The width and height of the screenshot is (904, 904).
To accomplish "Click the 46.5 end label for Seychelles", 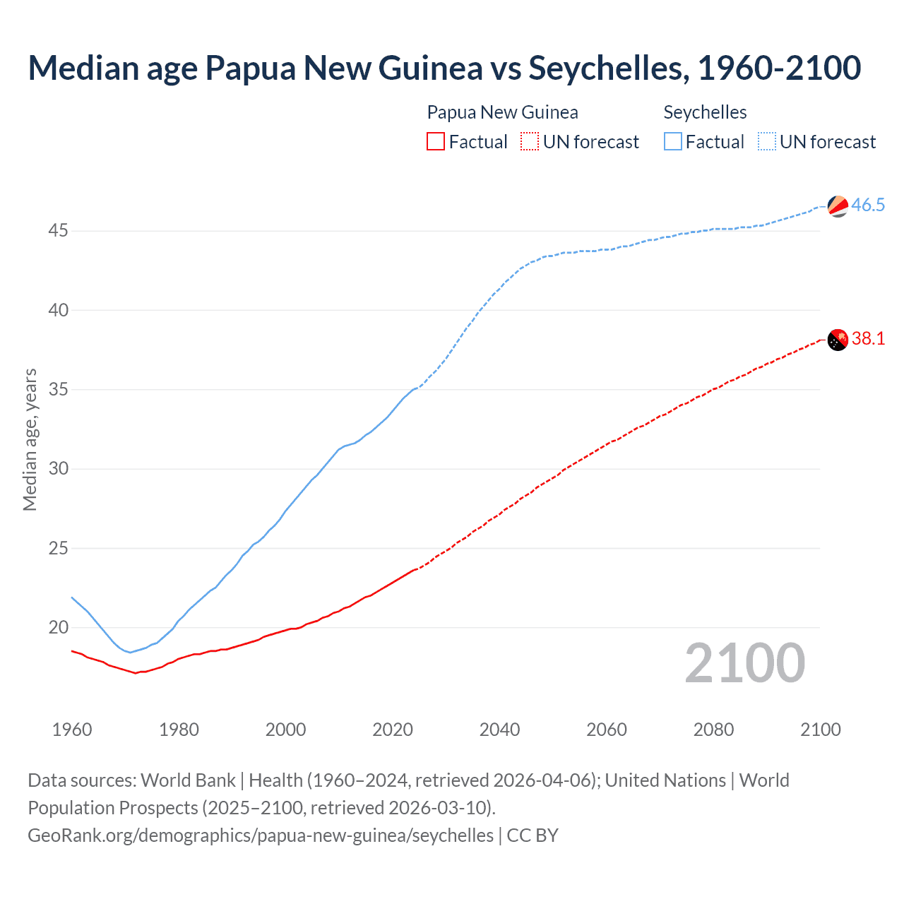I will [868, 206].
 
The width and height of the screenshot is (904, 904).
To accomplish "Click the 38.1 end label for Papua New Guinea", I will [868, 339].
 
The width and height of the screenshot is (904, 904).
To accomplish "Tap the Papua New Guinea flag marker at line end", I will [838, 340].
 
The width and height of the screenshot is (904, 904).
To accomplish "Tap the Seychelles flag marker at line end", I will [838, 206].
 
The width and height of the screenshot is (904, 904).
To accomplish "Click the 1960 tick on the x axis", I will [72, 730].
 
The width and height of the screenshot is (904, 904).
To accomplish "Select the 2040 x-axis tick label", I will [499, 730].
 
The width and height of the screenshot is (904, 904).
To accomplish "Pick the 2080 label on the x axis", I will [713, 730].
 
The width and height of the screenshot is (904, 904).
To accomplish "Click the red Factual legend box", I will [436, 142].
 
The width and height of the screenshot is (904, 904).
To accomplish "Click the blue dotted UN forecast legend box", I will [767, 142].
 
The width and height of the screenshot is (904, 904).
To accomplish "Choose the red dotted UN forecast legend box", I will [530, 142].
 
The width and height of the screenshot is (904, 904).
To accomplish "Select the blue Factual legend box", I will [673, 142].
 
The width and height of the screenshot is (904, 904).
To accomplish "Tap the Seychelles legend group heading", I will [705, 112].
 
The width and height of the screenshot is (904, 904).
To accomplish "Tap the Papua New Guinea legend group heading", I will [502, 112].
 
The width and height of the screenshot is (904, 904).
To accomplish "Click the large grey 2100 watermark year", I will [744, 663].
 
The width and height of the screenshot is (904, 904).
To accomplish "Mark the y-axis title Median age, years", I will [30, 439].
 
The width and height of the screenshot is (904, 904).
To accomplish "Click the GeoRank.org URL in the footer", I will [261, 835].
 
